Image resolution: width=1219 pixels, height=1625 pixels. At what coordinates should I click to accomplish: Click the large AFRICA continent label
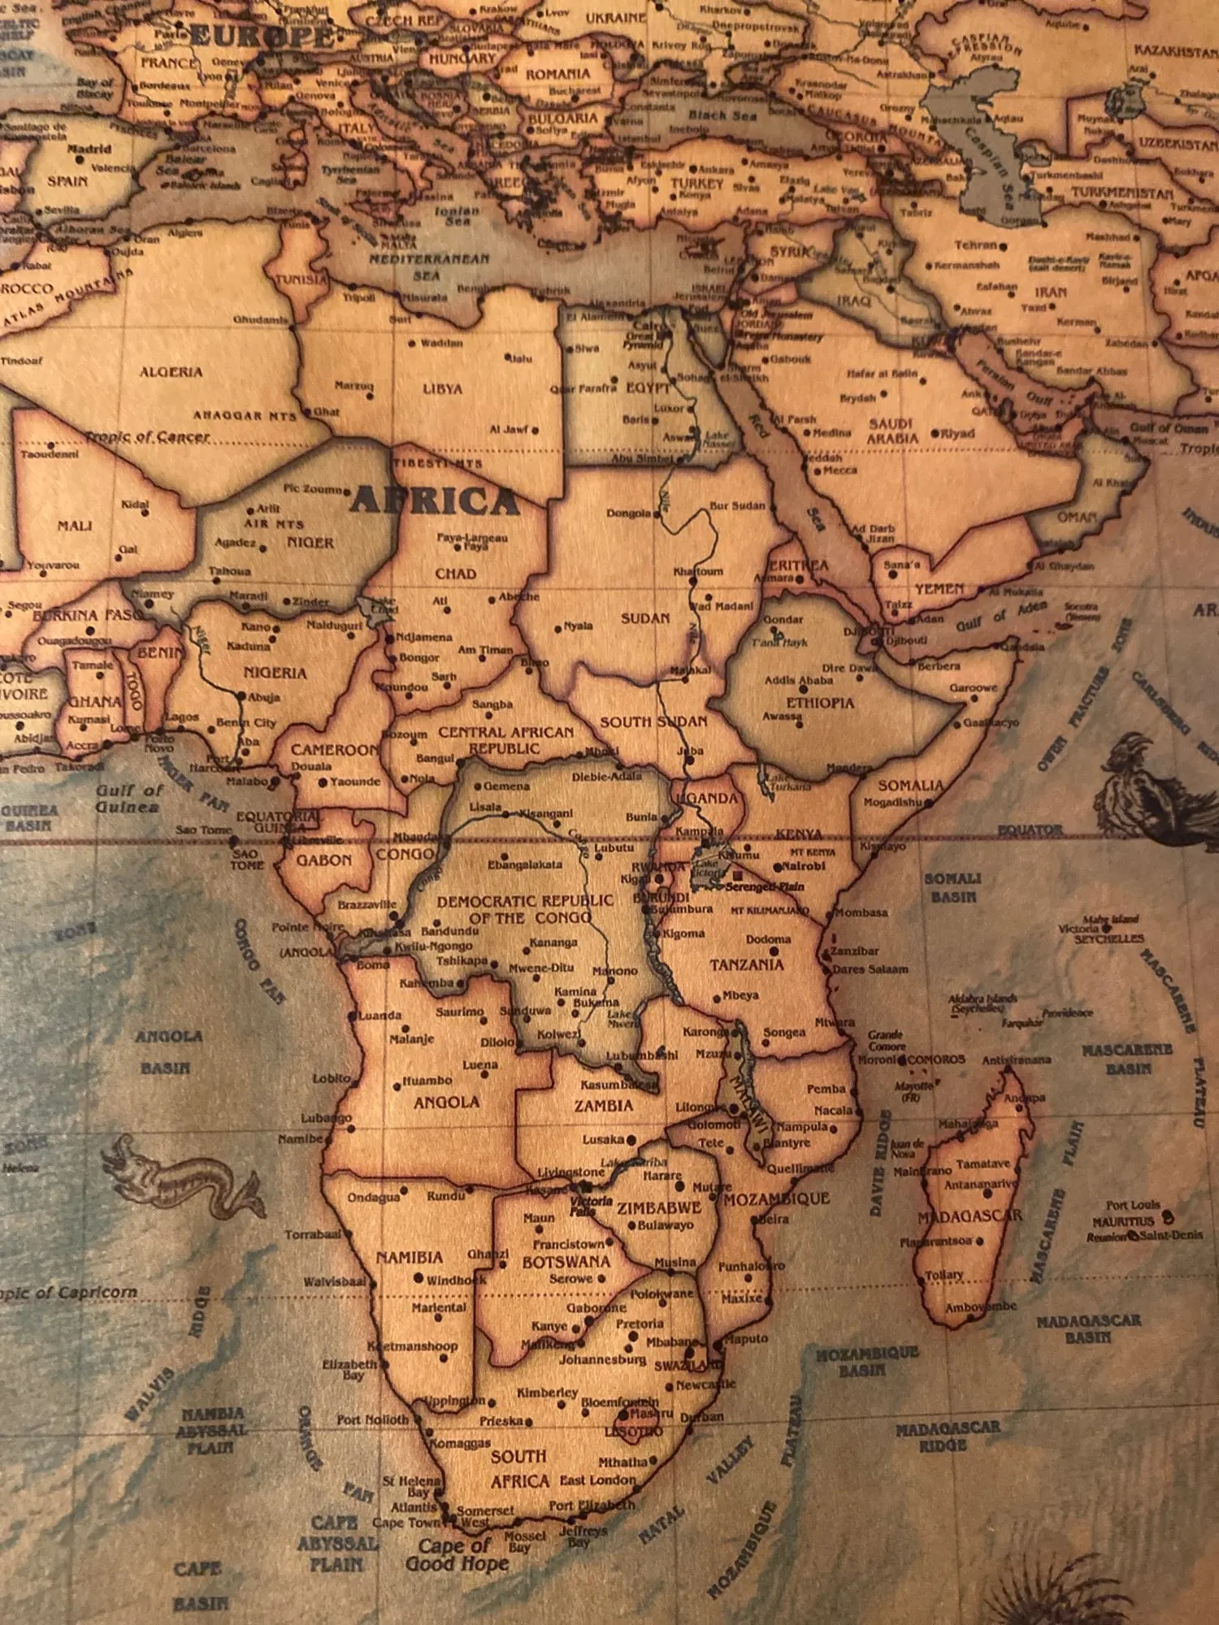(434, 500)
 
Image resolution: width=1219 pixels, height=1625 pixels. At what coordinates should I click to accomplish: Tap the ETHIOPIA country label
(819, 703)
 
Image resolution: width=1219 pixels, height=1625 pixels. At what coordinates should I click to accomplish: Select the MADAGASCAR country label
(970, 1216)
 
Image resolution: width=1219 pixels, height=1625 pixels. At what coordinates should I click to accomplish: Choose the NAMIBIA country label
(410, 1258)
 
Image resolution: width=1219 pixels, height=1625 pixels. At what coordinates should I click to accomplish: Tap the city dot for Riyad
(935, 434)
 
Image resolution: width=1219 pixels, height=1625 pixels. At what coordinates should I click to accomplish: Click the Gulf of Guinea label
(128, 799)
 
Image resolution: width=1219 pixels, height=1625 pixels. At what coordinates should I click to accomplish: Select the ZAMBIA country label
(603, 1106)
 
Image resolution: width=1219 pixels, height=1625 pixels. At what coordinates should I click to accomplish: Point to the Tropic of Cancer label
(148, 437)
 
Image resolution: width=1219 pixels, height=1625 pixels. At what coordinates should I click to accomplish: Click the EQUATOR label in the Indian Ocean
(1030, 830)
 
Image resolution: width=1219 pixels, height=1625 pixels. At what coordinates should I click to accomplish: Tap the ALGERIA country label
(171, 372)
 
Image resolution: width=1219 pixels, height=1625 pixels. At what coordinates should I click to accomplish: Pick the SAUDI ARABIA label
(891, 431)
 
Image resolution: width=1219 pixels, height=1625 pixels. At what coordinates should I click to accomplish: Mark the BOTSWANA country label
(566, 1262)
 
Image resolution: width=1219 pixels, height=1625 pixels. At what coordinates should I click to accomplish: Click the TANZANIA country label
(746, 965)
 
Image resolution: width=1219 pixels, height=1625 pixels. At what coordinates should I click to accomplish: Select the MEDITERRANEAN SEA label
(429, 266)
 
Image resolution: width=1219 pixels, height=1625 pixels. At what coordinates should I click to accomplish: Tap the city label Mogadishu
(892, 802)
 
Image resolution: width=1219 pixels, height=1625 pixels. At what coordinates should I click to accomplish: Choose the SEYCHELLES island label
(1108, 938)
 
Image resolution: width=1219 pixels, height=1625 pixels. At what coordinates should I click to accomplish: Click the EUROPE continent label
(262, 36)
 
